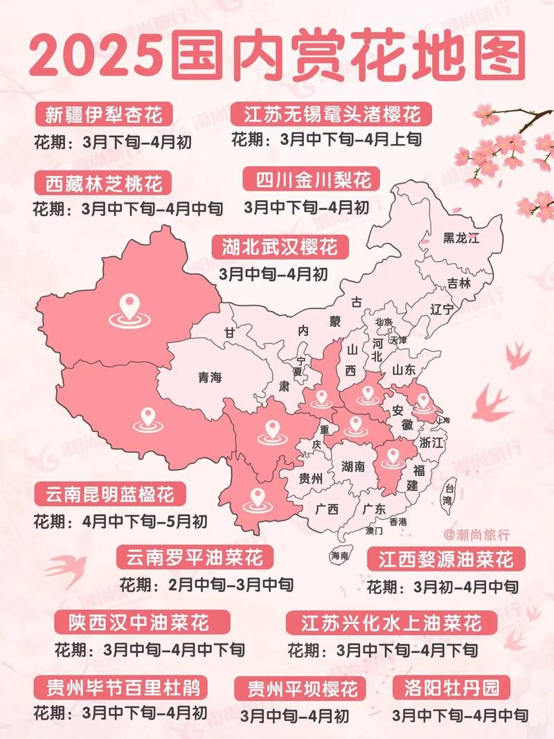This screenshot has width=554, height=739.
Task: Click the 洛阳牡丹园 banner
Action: pos(455,688)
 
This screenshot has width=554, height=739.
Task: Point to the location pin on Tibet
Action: pos(147,419)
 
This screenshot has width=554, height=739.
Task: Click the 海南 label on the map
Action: pos(339,555)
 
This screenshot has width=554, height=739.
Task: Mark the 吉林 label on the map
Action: pos(458,283)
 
